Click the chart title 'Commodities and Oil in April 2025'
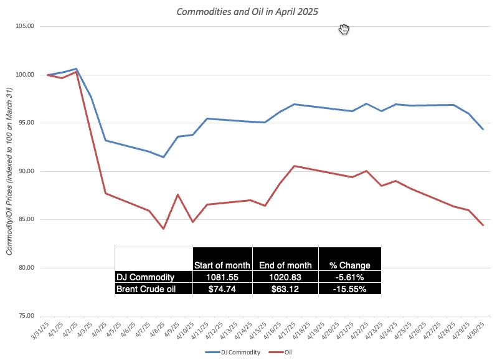pos(248,11)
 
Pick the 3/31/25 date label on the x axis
pos(39,330)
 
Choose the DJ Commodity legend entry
pos(228,352)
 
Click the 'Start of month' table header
pos(222,265)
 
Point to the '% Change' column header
pos(349,265)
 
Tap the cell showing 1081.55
pos(222,277)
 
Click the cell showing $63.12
pos(285,289)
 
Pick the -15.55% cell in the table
pos(349,289)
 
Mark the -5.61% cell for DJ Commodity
pos(349,277)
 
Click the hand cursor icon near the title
pos(344,29)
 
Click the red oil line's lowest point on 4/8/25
pos(163,229)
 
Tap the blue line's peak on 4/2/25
pos(76,69)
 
